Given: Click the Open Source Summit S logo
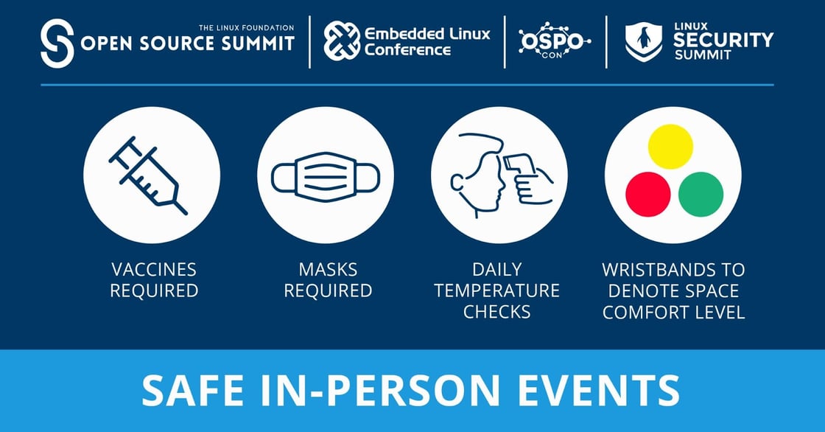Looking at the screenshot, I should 57,43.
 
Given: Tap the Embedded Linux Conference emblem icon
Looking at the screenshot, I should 342,41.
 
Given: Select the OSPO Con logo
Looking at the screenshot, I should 554,41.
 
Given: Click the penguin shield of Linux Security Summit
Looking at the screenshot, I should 643,41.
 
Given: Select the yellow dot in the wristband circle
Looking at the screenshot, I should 670,146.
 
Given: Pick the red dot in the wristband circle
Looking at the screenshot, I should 647,195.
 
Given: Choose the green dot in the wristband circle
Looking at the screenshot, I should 701,195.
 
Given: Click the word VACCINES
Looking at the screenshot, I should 153,269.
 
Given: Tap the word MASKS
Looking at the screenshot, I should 328,269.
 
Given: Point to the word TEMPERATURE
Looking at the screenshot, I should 496,290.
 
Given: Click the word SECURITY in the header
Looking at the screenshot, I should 723,40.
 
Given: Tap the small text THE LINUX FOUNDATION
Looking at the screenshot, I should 246,28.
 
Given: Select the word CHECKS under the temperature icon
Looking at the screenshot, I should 496,312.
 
